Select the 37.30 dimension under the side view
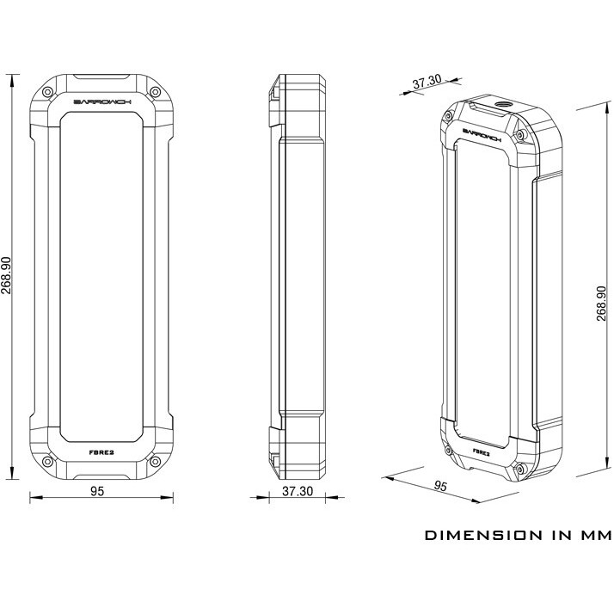tap(295, 491)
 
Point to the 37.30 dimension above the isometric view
tap(427, 83)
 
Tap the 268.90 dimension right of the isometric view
tap(601, 303)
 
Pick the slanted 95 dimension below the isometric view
tap(441, 486)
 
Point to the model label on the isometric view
tap(482, 451)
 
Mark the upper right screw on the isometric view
tap(519, 135)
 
